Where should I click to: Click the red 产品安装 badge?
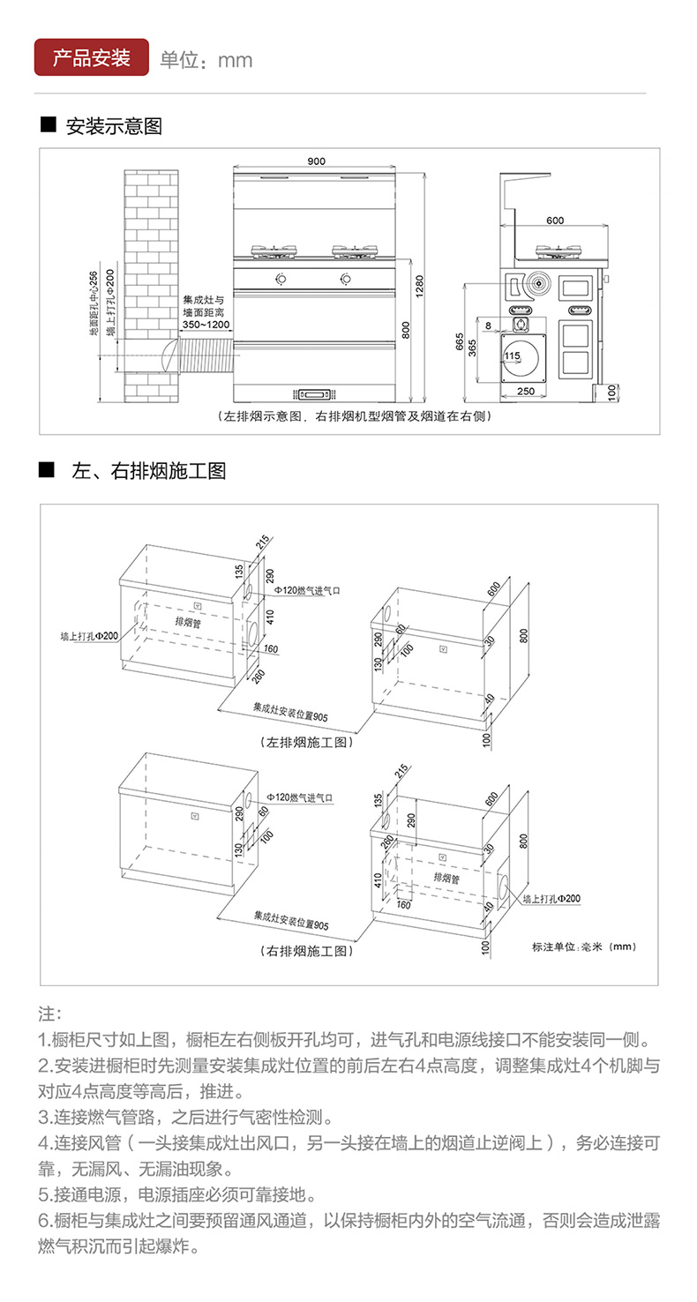pyautogui.click(x=92, y=58)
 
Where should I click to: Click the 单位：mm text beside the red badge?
pyautogui.click(x=206, y=60)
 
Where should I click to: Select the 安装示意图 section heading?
pyautogui.click(x=114, y=127)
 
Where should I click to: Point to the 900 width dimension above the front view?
pyautogui.click(x=316, y=161)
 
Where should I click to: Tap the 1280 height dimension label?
pyautogui.click(x=420, y=285)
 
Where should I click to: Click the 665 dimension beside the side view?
pyautogui.click(x=460, y=341)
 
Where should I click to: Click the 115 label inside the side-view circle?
pyautogui.click(x=512, y=355)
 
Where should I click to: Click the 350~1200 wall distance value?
pyautogui.click(x=206, y=325)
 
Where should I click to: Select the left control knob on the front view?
pyautogui.click(x=280, y=281)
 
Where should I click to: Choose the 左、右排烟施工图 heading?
pyautogui.click(x=148, y=471)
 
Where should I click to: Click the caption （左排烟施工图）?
pyautogui.click(x=308, y=743)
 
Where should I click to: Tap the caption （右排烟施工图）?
pyautogui.click(x=308, y=951)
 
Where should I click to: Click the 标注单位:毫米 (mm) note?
pyautogui.click(x=584, y=947)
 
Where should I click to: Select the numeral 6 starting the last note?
pyautogui.click(x=43, y=1221)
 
